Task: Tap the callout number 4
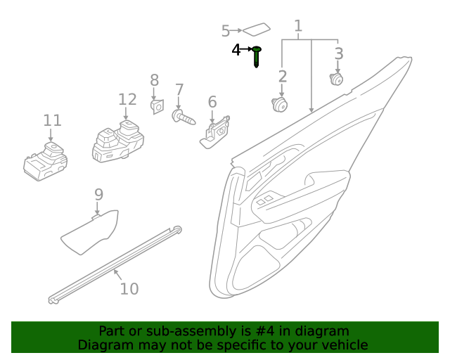236,50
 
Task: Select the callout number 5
226,31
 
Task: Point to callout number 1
298,27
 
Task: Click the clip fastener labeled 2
280,105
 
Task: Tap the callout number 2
283,77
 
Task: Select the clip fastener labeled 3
337,79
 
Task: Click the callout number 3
339,54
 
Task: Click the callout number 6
212,102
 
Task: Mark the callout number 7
179,90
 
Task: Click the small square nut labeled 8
157,106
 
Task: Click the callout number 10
129,288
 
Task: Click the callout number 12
127,99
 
